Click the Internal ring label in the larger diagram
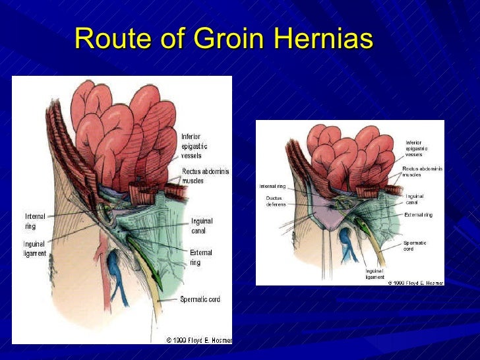36,221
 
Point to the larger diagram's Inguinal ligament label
36,249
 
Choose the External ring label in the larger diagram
200,257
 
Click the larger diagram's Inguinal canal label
202,225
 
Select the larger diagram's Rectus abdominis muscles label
205,176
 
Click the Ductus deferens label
275,200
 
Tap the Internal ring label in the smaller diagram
272,187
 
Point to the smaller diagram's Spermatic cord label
415,246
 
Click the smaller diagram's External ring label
418,214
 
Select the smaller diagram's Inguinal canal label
415,198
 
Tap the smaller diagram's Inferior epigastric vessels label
414,148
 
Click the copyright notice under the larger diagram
198,340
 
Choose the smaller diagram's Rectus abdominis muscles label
422,171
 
